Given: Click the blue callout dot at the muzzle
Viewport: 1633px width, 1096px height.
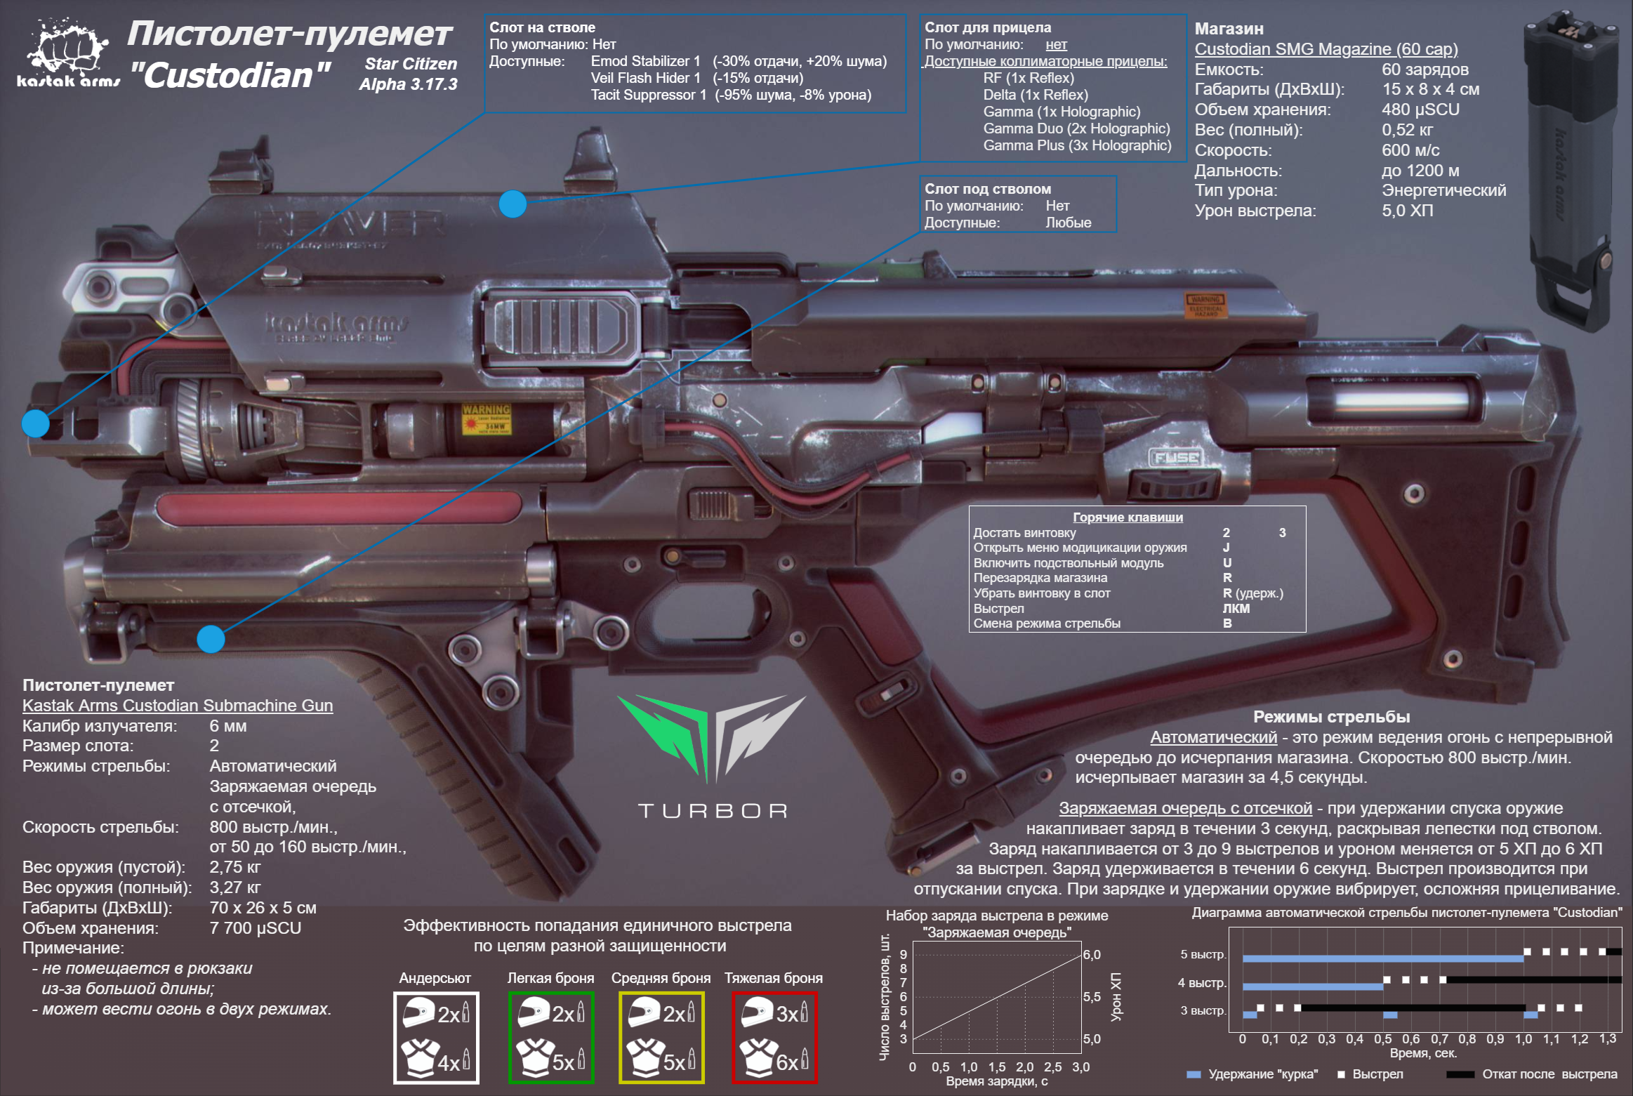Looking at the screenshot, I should pos(36,423).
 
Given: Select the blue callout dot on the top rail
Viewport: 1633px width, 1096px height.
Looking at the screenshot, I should pos(513,204).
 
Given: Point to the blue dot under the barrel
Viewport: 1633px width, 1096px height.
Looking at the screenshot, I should pos(211,639).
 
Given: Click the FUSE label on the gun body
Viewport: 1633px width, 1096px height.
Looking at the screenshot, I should pos(1177,458).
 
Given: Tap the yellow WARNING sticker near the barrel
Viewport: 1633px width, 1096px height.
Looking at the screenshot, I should pos(486,419).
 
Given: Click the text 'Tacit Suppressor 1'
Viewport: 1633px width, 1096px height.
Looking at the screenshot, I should pos(648,95).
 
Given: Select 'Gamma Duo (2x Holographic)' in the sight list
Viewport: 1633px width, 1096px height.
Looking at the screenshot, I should pos(1076,128).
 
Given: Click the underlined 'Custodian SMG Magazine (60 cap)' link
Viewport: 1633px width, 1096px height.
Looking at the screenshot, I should pos(1326,49).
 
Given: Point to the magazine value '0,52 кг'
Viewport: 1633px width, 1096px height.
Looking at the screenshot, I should pos(1407,130).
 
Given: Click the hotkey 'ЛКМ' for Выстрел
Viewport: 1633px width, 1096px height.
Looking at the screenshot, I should pos(1236,609).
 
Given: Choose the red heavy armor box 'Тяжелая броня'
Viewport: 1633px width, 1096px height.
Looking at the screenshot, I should pos(774,1037).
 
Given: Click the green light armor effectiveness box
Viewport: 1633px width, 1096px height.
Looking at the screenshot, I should pos(551,1037).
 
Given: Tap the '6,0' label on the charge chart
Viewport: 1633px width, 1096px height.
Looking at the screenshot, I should pos(1092,955).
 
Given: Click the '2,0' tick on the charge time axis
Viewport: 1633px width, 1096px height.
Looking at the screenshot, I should pos(1024,1067).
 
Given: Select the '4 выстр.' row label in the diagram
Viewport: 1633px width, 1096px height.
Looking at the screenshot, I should pos(1202,983).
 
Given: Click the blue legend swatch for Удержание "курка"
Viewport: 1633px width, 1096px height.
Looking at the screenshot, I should pos(1193,1074).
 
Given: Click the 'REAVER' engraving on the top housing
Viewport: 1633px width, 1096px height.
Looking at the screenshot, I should pos(351,225).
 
